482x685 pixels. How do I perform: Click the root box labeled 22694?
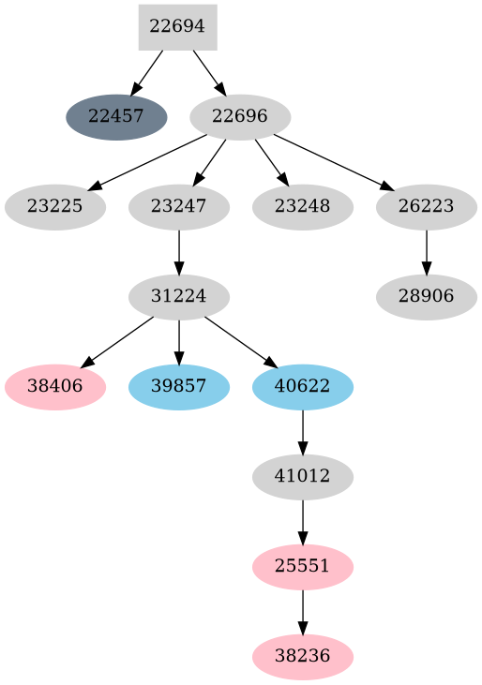click(177, 27)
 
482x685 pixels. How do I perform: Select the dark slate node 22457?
click(116, 117)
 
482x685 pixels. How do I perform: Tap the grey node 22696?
click(240, 117)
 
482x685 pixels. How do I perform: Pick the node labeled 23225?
click(54, 207)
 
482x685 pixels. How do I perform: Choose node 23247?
click(178, 207)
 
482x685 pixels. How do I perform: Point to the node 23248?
click(303, 207)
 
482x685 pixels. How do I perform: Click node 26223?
click(427, 207)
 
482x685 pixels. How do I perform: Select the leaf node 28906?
click(427, 297)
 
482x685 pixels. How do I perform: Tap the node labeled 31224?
click(178, 297)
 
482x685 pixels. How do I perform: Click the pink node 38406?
click(54, 387)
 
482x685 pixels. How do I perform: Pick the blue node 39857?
click(178, 387)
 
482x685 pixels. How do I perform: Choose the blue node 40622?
click(303, 387)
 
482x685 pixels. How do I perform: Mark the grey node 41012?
click(303, 477)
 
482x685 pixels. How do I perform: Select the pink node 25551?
click(303, 567)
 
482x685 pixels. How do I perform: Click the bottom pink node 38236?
click(303, 657)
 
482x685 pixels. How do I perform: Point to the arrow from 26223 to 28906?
click(427, 252)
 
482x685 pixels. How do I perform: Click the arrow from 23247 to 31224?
click(178, 252)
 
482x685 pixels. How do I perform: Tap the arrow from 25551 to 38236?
click(303, 612)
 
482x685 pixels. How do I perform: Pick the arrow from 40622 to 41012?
click(303, 432)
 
